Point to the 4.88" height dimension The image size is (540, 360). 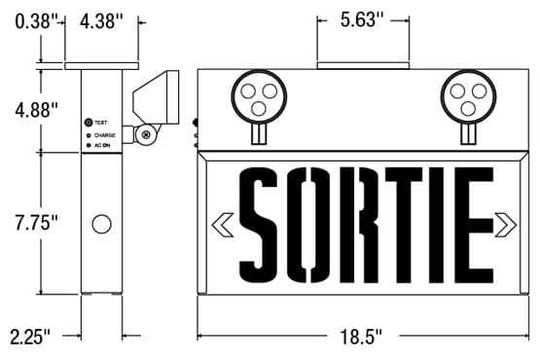[37, 110]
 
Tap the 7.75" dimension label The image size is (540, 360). [37, 223]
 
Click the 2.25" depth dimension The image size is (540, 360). [30, 337]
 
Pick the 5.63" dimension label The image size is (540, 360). [362, 19]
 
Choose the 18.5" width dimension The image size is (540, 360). [361, 337]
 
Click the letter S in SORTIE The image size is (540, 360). [258, 225]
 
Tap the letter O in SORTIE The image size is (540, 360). [308, 225]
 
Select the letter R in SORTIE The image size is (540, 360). [358, 225]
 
